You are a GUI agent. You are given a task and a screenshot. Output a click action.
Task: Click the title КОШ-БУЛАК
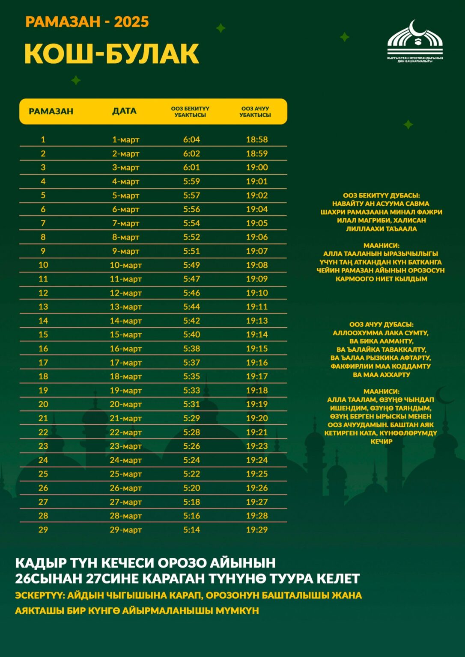coord(112,54)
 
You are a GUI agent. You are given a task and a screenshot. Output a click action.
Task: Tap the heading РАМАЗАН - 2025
coord(87,22)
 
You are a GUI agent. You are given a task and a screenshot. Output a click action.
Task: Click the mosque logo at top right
coord(414,41)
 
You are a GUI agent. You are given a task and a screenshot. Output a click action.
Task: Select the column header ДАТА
coord(124,111)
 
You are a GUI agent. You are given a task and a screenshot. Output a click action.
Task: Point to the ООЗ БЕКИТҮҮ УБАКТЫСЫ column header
coord(190,112)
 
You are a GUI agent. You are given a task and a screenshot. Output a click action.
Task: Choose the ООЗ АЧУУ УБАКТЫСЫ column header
coord(255,112)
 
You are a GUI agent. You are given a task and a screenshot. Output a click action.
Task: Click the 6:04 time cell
coord(191,139)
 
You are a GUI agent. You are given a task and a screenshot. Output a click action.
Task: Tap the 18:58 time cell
coord(256,139)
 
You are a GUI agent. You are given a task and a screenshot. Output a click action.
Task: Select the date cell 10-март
coord(125,265)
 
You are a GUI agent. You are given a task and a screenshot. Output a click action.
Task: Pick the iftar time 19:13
coord(256,321)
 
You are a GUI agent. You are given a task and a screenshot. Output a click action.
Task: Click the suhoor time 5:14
coord(191,530)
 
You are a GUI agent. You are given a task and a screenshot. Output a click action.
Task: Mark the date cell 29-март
coord(125,530)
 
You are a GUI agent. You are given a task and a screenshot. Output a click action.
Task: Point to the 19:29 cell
coord(256,530)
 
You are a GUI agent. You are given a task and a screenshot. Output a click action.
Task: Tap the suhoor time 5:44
coord(191,307)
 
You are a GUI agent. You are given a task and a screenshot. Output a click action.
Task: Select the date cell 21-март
coord(125,418)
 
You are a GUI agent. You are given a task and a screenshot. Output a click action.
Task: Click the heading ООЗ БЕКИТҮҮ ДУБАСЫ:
coord(381,195)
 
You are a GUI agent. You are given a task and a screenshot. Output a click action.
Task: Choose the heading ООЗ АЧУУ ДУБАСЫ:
coord(381,325)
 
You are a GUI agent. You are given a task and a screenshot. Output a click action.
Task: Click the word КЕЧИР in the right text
coord(381,441)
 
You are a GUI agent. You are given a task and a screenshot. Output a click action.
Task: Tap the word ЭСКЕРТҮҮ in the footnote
coord(39,595)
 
